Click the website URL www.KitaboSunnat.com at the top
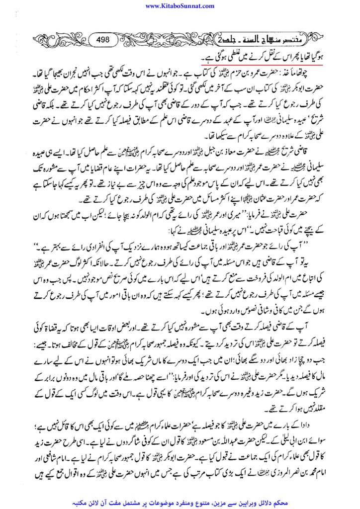tap(180, 5)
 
